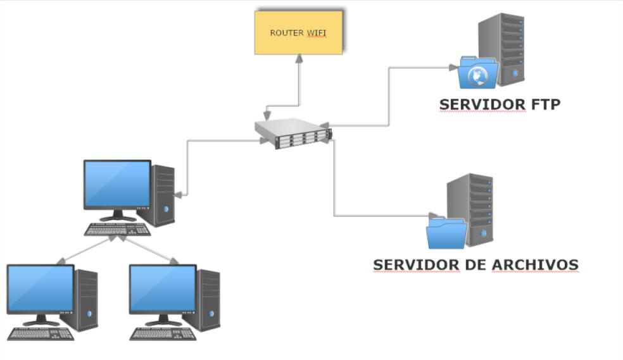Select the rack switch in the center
coord(294,133)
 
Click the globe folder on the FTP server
coord(478,73)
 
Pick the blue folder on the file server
coord(446,232)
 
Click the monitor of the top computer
coord(117,185)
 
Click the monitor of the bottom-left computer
coord(41,290)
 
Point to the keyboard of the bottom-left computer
coord(39,333)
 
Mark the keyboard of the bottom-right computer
coord(162,333)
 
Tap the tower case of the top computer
coord(163,195)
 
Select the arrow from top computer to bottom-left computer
coord(85,250)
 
